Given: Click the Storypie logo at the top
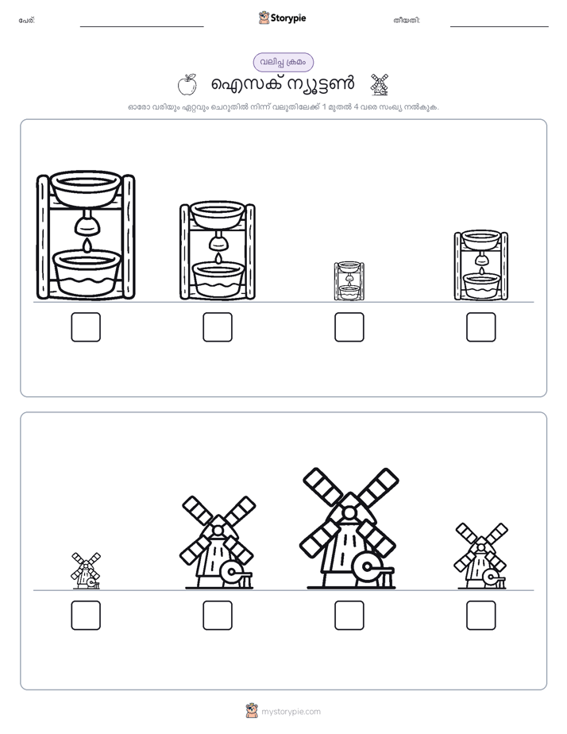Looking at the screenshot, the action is [283, 17].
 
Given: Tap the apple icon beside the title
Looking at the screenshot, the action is [187, 84].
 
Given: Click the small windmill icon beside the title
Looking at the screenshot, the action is [379, 84].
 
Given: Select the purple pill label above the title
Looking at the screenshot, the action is [283, 62].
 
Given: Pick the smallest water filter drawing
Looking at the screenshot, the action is [349, 281].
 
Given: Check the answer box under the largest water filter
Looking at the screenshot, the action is [86, 326].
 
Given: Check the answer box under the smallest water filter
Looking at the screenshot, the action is [349, 326].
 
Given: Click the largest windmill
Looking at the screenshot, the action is [349, 528].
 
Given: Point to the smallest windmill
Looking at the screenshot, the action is [86, 570].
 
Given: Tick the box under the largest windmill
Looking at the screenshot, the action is [349, 615].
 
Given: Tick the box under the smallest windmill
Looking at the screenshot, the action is [86, 615].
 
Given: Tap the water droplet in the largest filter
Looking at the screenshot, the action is [87, 245].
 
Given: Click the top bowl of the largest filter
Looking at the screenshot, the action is [86, 187].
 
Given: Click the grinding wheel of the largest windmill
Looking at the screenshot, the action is [366, 568].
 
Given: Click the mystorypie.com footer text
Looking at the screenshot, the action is [291, 712].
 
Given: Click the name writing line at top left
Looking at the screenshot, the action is [141, 27].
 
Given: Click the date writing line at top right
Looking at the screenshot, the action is [499, 27].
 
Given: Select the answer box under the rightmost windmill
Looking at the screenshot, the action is [481, 615].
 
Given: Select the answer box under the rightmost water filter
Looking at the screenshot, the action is [481, 326].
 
